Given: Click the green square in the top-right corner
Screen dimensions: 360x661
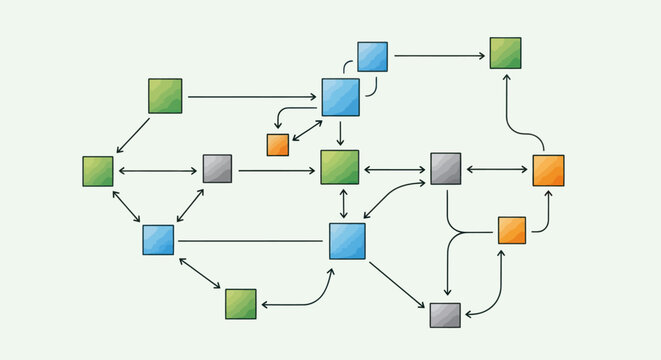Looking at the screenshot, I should (505, 52).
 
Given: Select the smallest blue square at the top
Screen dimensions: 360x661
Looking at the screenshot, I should (372, 57).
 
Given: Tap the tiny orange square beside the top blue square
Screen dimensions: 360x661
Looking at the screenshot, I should (277, 144).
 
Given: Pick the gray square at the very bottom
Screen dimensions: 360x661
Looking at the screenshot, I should (445, 315).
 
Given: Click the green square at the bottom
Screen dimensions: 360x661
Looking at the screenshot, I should (240, 304).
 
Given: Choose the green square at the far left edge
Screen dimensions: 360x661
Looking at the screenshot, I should (98, 171).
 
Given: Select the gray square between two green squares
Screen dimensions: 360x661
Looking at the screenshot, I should (217, 168).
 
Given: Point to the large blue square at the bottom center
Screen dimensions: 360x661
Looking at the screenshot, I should (347, 241).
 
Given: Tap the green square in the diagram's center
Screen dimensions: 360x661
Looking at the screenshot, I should (339, 167).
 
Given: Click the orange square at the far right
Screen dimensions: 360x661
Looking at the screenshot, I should (548, 170).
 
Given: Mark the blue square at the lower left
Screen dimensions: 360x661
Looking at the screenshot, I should (158, 240).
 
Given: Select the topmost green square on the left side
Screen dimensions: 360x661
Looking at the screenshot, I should (165, 95).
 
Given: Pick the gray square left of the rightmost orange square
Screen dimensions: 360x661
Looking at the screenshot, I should (445, 169).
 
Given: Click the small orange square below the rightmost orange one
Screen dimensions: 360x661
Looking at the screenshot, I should (511, 230).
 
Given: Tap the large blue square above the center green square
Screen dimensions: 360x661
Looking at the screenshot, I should (340, 97).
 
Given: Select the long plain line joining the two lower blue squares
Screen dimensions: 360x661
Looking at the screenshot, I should (250, 241).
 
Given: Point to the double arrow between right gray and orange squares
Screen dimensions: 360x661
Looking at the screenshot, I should (496, 170).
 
